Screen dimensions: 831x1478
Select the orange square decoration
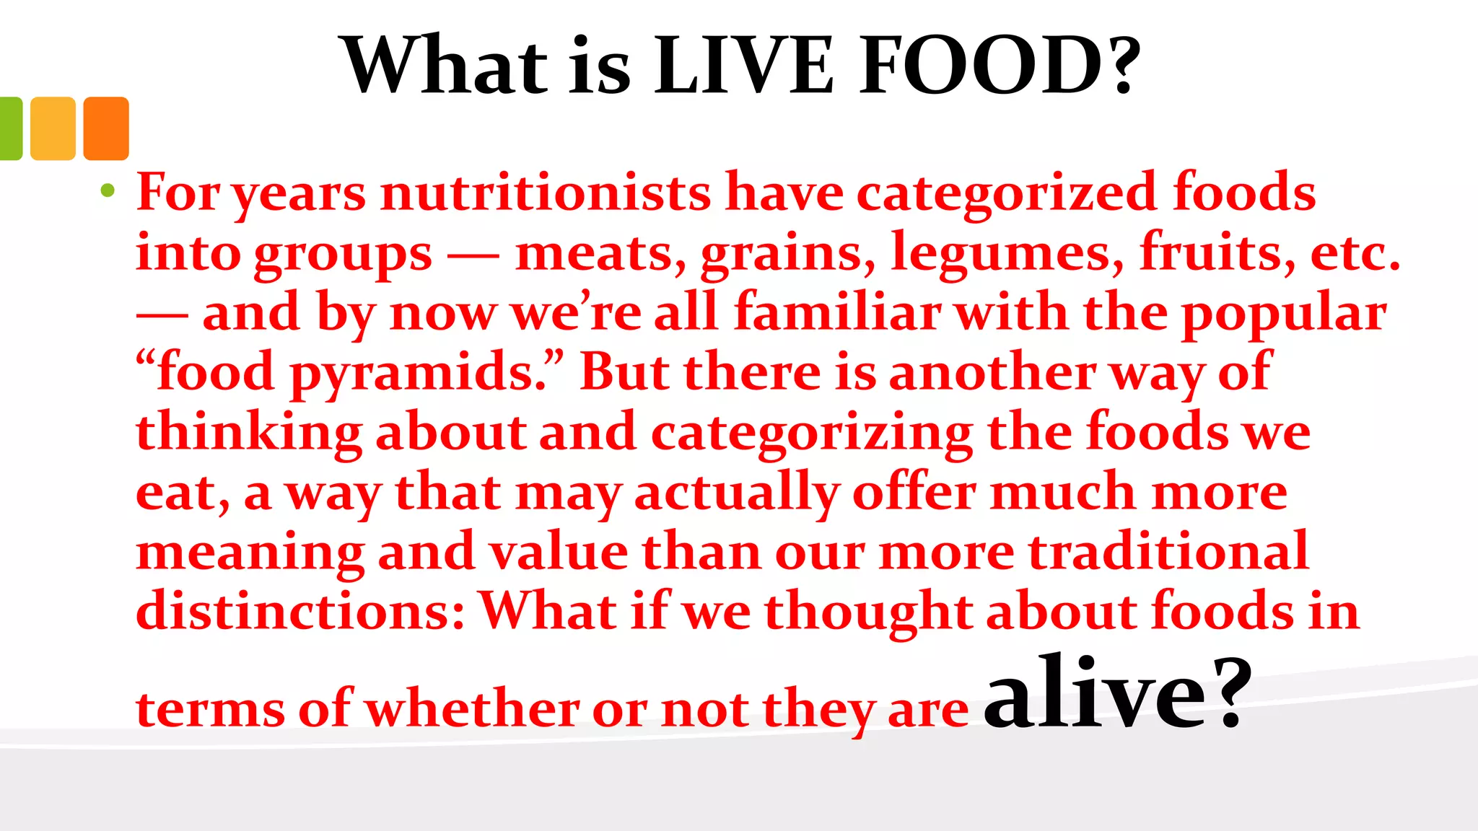point(106,128)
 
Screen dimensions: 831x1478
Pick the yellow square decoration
point(53,128)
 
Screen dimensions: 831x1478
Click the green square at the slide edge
point(10,128)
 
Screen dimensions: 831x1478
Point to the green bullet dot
point(108,190)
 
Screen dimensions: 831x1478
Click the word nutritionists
point(546,193)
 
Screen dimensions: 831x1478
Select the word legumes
point(1007,254)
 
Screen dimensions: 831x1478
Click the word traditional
point(1168,552)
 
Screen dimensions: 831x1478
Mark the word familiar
point(837,313)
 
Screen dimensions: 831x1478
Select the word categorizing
point(812,434)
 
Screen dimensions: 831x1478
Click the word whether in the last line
point(472,709)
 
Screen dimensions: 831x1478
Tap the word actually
point(736,493)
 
